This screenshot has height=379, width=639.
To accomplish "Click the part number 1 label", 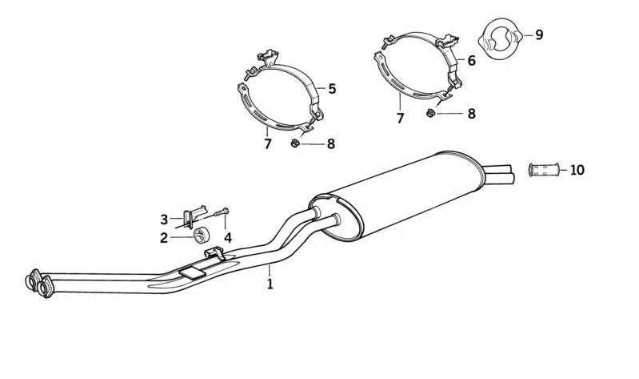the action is click(270, 284).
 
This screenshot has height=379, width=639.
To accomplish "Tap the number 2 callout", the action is click(163, 237).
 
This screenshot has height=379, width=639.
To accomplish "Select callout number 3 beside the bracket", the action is click(164, 219).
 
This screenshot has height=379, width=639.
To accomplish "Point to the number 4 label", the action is click(228, 237).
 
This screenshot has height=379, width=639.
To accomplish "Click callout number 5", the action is click(331, 89).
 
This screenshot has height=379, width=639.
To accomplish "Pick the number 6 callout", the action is click(471, 60).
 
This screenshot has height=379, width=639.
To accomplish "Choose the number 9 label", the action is click(539, 34).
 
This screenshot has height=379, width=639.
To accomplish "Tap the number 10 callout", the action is click(577, 170).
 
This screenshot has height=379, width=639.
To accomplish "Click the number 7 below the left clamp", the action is click(268, 144).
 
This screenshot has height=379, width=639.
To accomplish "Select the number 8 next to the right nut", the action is click(471, 114).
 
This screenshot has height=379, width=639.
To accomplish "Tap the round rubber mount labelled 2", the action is click(201, 234).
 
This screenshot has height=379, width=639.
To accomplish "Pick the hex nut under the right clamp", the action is click(431, 113).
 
